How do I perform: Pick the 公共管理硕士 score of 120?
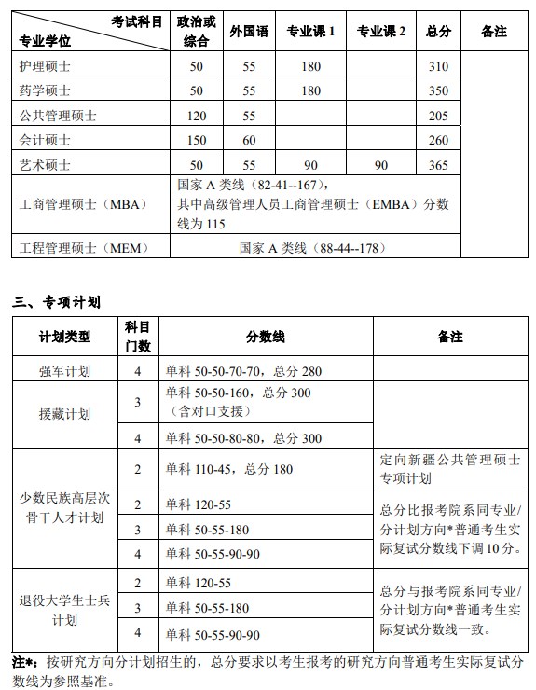(196, 116)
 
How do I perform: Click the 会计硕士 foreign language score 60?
(249, 141)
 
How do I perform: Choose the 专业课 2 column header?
(381, 31)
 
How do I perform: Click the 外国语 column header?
(249, 31)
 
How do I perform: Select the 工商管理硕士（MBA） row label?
(77, 204)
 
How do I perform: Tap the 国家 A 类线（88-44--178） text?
(311, 248)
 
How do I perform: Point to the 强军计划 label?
(64, 370)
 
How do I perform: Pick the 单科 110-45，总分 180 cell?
(228, 469)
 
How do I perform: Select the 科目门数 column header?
(138, 336)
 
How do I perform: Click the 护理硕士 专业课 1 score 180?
(310, 66)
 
